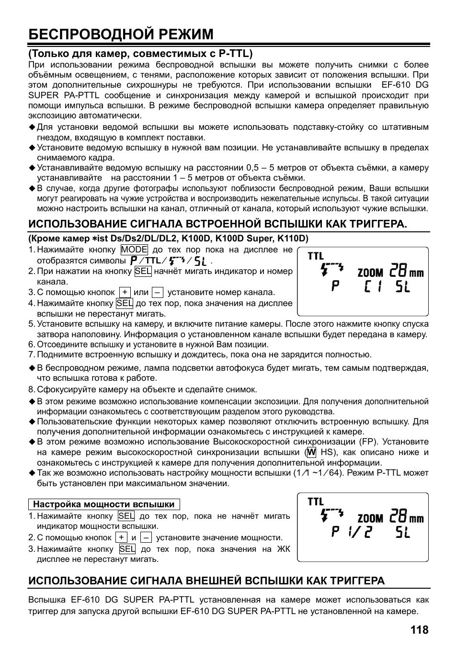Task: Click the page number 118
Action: [419, 630]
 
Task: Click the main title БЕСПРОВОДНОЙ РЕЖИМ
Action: [121, 34]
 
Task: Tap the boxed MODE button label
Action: [134, 250]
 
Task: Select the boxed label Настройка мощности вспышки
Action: [104, 504]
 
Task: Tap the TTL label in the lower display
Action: [316, 502]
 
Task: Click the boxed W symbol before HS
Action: [312, 452]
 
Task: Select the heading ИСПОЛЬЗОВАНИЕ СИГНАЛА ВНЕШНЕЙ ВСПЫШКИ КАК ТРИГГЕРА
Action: [206, 581]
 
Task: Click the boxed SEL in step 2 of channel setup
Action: [143, 271]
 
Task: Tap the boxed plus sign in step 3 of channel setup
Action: [125, 292]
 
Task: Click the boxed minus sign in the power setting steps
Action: [147, 537]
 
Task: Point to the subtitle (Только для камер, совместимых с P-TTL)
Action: [140, 53]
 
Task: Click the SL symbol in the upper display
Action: [403, 287]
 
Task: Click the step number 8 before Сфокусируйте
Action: [31, 389]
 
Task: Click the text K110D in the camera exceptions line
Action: [295, 238]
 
